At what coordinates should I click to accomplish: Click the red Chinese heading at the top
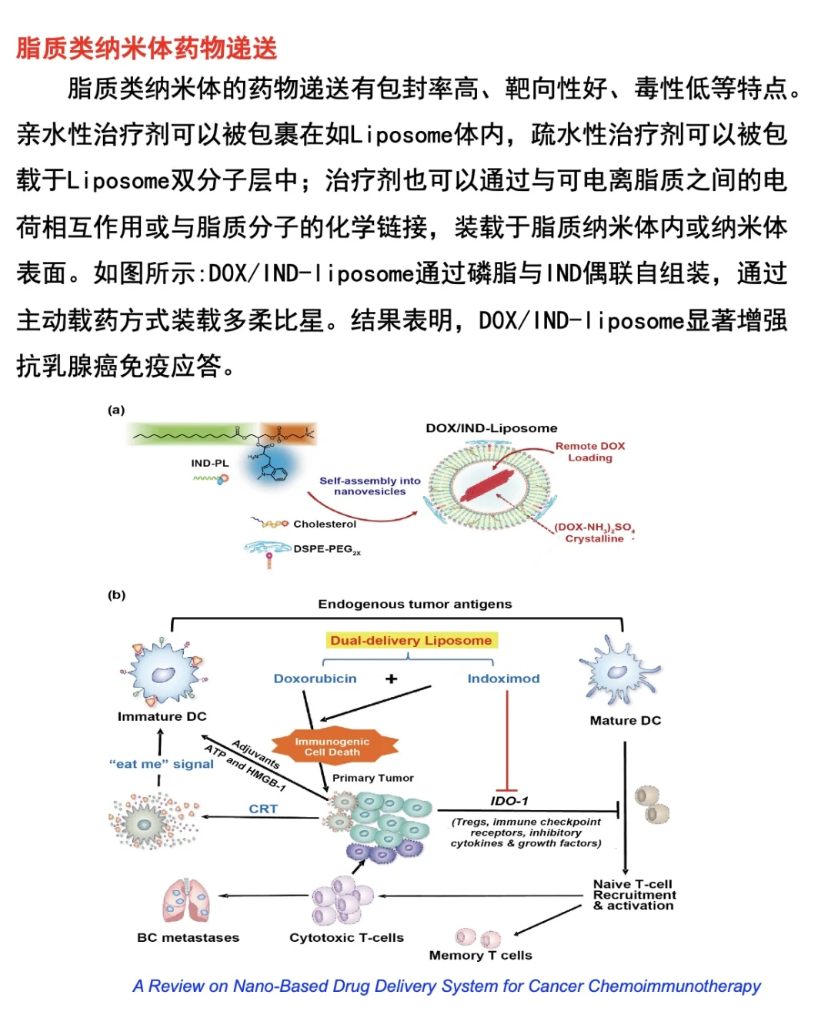(146, 48)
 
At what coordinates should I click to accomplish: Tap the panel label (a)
(116, 410)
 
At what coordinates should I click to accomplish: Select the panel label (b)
(116, 595)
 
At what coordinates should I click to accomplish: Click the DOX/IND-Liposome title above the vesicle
(491, 428)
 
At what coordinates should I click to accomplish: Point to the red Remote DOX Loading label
(590, 452)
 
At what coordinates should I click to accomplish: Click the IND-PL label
(209, 464)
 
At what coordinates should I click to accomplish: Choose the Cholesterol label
(325, 524)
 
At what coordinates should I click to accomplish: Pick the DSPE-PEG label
(326, 550)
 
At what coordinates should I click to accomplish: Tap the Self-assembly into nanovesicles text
(370, 486)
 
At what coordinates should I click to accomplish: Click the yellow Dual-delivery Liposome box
(411, 641)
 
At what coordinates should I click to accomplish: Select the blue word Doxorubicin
(315, 679)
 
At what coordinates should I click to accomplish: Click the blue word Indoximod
(503, 679)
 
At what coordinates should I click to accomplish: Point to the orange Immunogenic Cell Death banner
(332, 746)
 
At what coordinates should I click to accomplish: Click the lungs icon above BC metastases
(186, 900)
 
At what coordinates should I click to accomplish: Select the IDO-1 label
(509, 801)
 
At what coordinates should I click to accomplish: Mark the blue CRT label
(263, 809)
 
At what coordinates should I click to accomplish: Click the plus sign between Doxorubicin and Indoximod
(392, 679)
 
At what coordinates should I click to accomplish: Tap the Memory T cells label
(480, 955)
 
